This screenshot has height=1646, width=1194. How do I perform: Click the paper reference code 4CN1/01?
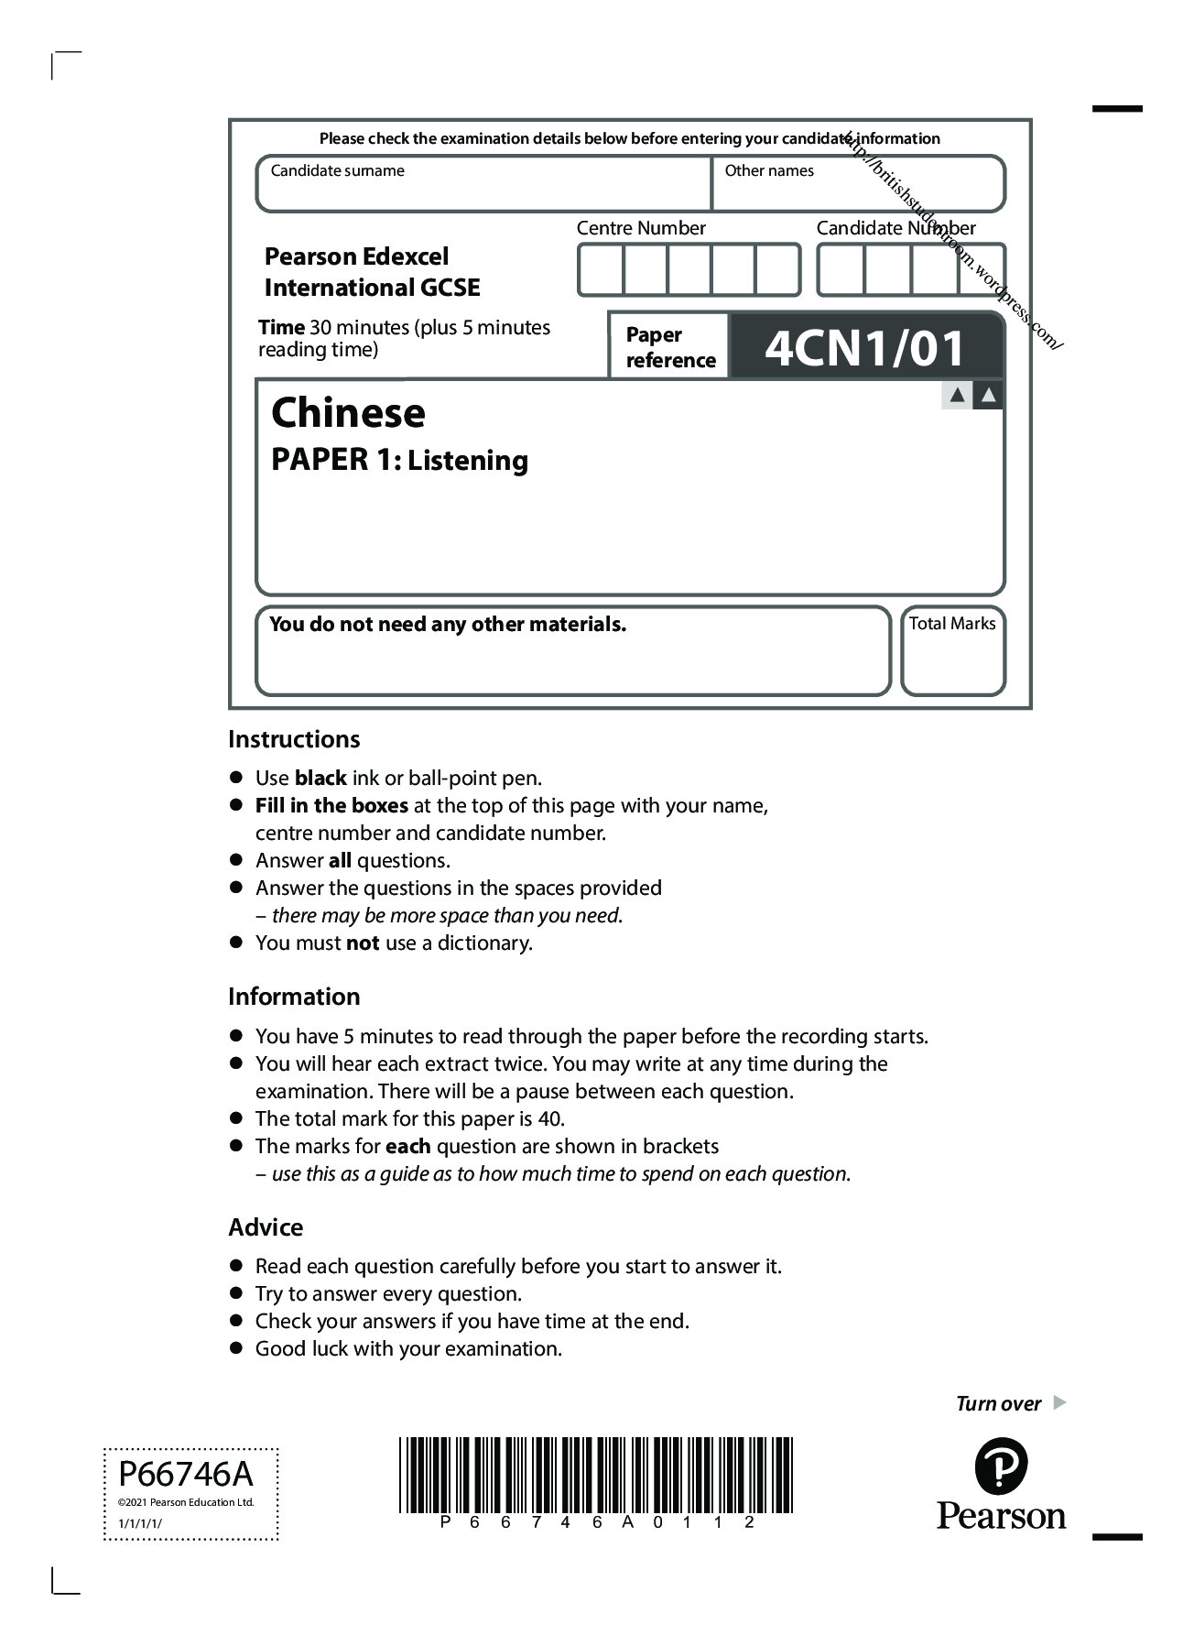[864, 347]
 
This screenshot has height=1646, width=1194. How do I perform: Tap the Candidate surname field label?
[337, 170]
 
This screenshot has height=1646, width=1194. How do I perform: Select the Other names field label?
[768, 170]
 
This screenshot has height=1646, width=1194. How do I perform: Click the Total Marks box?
[952, 650]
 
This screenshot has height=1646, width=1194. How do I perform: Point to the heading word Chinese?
[348, 412]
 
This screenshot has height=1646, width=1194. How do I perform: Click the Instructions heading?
[294, 739]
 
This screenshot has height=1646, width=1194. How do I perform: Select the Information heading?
[294, 997]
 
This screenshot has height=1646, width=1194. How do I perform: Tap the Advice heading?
[266, 1227]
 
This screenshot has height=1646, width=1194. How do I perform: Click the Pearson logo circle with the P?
[1001, 1466]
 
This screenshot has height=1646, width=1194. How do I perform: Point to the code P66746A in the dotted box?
[186, 1474]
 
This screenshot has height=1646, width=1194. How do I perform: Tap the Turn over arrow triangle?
[1059, 1402]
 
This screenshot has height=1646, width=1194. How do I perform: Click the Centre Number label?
[641, 228]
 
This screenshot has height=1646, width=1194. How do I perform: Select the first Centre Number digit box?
[601, 270]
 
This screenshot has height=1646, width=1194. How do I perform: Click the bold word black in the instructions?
[320, 779]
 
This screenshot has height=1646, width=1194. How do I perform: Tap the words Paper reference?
[669, 347]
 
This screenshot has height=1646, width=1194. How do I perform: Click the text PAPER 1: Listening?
[399, 460]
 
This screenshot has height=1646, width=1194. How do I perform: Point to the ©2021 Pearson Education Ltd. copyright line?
[186, 1502]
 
